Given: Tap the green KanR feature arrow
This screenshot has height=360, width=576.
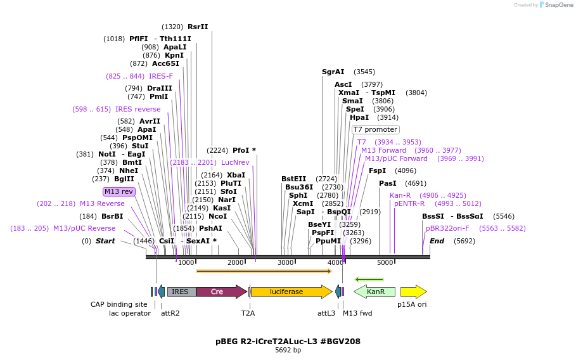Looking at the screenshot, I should click(374, 292).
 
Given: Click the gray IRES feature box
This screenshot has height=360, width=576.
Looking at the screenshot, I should click(181, 292).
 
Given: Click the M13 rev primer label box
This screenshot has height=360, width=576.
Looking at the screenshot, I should click(119, 191).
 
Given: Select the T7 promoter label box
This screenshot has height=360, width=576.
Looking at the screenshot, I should click(376, 129).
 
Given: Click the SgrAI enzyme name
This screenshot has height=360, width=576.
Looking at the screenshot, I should click(333, 72).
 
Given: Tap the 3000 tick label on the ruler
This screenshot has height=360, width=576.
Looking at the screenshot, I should click(286, 262).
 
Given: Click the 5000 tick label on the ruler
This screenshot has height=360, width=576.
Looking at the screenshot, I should click(385, 262).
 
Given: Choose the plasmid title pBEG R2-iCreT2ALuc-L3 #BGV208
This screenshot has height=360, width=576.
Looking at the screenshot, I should click(288, 341).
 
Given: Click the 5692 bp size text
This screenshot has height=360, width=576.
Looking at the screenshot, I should click(288, 350).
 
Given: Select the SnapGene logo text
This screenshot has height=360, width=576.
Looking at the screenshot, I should click(557, 5).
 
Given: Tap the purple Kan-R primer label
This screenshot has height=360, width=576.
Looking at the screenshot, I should click(400, 195).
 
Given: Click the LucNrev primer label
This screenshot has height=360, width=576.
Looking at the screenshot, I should click(235, 162).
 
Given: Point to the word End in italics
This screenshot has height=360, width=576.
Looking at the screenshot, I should click(437, 241).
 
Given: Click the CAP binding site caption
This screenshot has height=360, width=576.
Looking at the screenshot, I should click(119, 304).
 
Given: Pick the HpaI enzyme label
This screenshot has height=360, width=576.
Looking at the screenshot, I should click(359, 117).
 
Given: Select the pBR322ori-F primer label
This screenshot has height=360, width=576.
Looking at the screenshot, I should click(448, 228).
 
